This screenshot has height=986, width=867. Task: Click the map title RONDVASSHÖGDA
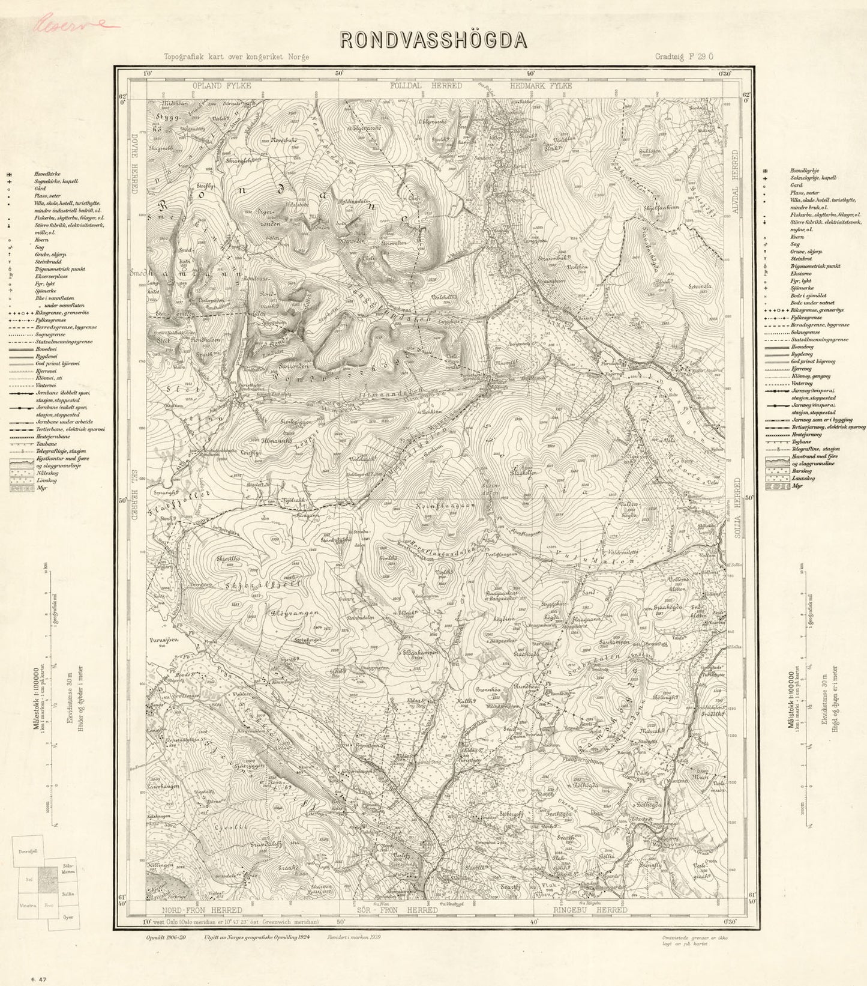pyautogui.click(x=434, y=39)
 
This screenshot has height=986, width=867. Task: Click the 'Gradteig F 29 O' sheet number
pyautogui.click(x=684, y=57)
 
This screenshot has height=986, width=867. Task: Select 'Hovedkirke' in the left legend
pyautogui.click(x=48, y=173)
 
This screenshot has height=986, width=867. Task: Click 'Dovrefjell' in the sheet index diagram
pyautogui.click(x=28, y=851)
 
